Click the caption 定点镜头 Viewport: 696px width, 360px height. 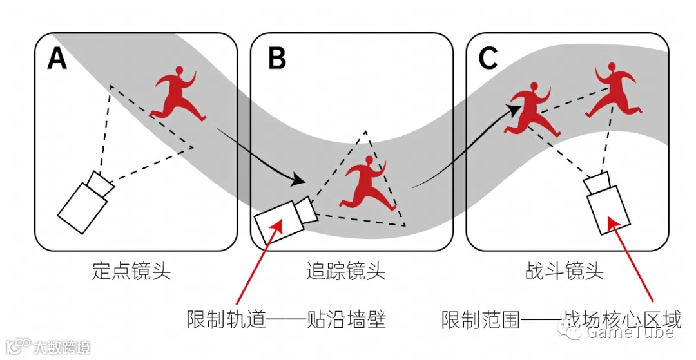click(131, 271)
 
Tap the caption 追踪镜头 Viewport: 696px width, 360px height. click(346, 271)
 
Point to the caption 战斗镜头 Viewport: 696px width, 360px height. click(565, 271)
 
